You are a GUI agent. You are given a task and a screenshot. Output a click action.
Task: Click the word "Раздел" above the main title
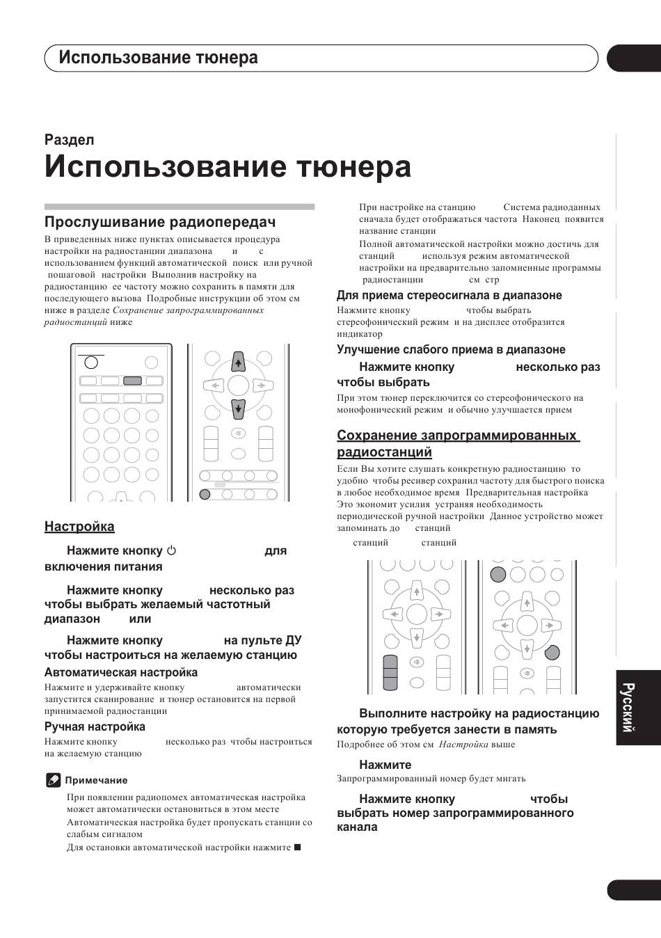coord(69,140)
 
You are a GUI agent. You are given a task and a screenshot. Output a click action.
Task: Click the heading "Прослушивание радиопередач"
coord(160,222)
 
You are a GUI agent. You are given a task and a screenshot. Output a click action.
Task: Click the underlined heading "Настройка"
coord(79,527)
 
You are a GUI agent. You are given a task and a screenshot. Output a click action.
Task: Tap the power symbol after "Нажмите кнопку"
coord(171,551)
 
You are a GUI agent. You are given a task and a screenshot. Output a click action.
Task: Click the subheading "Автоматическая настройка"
coord(121,673)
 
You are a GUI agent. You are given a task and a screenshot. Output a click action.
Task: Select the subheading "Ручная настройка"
coord(95,727)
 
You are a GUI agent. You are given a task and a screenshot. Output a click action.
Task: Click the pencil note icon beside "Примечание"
coord(54,780)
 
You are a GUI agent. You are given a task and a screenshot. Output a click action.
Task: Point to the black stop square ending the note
coord(297,847)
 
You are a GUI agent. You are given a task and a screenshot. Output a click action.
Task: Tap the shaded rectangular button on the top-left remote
coord(132,381)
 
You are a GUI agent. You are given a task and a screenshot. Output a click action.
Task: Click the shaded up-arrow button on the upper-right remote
coord(238,362)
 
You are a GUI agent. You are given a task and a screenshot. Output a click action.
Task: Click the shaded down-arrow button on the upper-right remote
coord(238,408)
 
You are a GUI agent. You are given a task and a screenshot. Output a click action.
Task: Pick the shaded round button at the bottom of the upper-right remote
coord(205,494)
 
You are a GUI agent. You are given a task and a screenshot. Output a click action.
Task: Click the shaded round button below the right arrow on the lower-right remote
coord(551,652)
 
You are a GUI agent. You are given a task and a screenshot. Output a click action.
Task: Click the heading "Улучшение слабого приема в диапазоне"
coord(451,350)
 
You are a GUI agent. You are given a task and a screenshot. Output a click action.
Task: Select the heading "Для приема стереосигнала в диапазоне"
coord(449,296)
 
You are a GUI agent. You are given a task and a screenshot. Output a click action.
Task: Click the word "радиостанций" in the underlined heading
coord(384,452)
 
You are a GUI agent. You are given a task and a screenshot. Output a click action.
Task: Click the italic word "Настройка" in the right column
coord(463,745)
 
